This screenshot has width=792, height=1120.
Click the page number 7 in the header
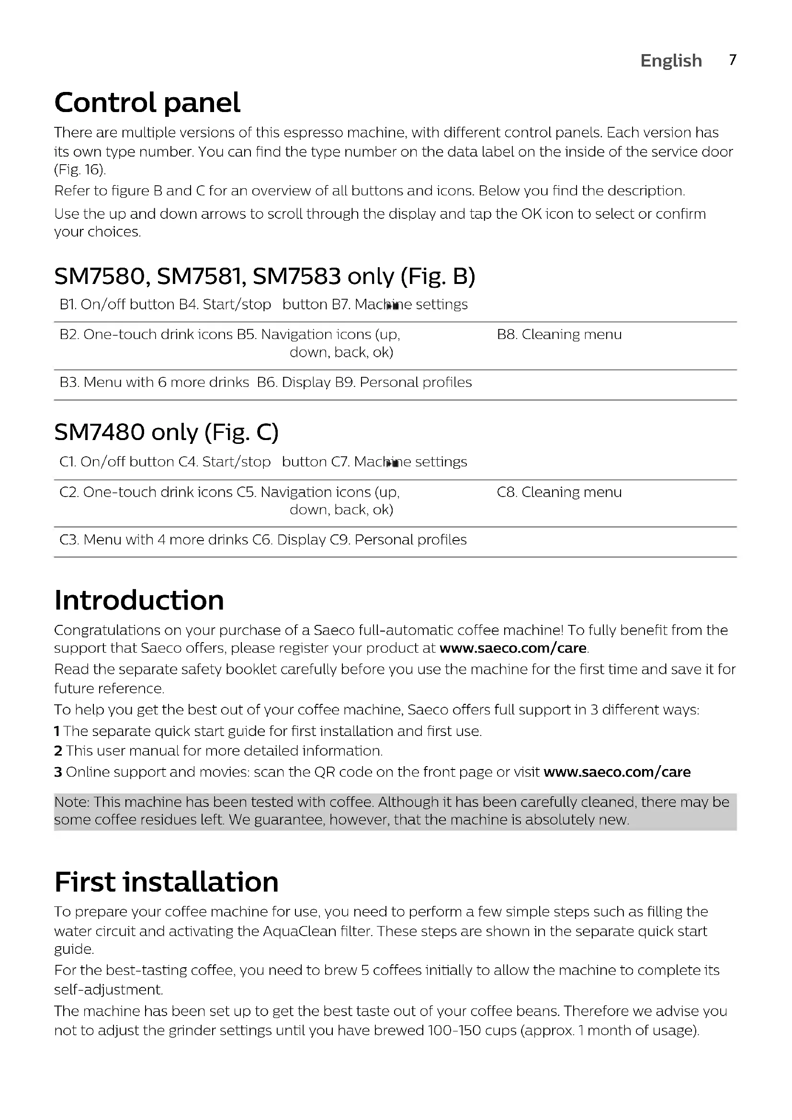click(x=732, y=60)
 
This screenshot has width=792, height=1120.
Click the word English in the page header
click(x=671, y=61)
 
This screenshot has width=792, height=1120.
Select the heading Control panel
click(x=147, y=103)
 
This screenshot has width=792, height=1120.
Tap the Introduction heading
click(x=139, y=600)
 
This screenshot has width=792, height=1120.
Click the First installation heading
click(x=166, y=882)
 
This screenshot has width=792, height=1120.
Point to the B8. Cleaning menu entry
click(x=559, y=335)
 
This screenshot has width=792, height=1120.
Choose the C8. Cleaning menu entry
click(x=559, y=492)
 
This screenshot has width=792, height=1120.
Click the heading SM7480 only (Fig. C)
click(x=166, y=432)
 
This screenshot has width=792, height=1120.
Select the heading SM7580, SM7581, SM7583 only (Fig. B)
click(x=264, y=277)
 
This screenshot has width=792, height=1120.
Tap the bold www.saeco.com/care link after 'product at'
click(x=512, y=648)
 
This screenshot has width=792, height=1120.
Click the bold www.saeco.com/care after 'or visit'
click(x=617, y=772)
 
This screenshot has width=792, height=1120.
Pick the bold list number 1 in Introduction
click(x=57, y=731)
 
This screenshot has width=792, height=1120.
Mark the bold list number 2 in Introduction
click(x=58, y=751)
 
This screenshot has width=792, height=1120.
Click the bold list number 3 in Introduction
click(x=58, y=772)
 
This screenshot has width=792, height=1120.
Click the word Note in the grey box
click(x=71, y=802)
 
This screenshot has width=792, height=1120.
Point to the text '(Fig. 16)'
click(x=79, y=170)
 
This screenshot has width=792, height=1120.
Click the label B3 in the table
click(x=69, y=383)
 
